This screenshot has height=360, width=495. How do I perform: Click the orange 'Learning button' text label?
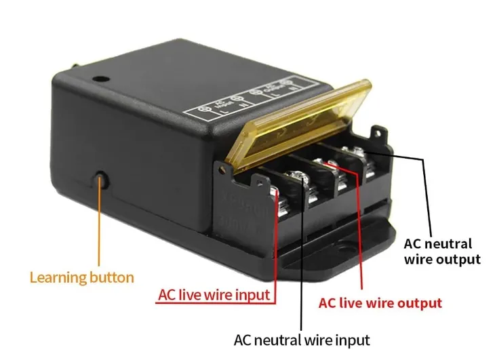82,277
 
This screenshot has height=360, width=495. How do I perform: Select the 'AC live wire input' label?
214,296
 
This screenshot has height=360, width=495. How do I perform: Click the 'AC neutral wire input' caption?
302,339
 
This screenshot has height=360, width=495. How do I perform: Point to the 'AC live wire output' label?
380,303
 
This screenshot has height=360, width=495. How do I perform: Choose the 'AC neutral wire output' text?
442,251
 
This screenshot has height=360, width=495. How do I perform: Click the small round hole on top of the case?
100,79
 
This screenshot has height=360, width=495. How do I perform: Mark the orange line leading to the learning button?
100,224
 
